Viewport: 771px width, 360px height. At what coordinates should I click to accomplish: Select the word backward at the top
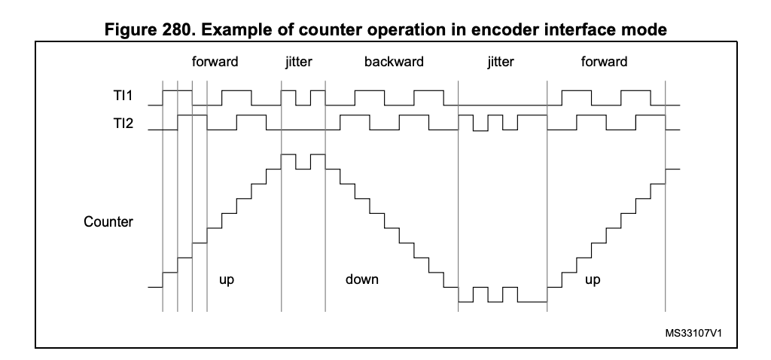[x=394, y=62]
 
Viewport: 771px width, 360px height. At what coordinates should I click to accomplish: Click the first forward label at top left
[x=215, y=62]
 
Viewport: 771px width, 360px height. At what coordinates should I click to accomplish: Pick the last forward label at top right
[x=604, y=62]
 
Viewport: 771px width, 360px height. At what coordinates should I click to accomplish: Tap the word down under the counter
[x=361, y=279]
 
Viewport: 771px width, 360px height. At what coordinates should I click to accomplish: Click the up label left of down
[x=226, y=279]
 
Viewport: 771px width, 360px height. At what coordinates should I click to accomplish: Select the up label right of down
[x=593, y=279]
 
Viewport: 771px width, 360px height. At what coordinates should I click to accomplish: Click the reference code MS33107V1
[x=699, y=332]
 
